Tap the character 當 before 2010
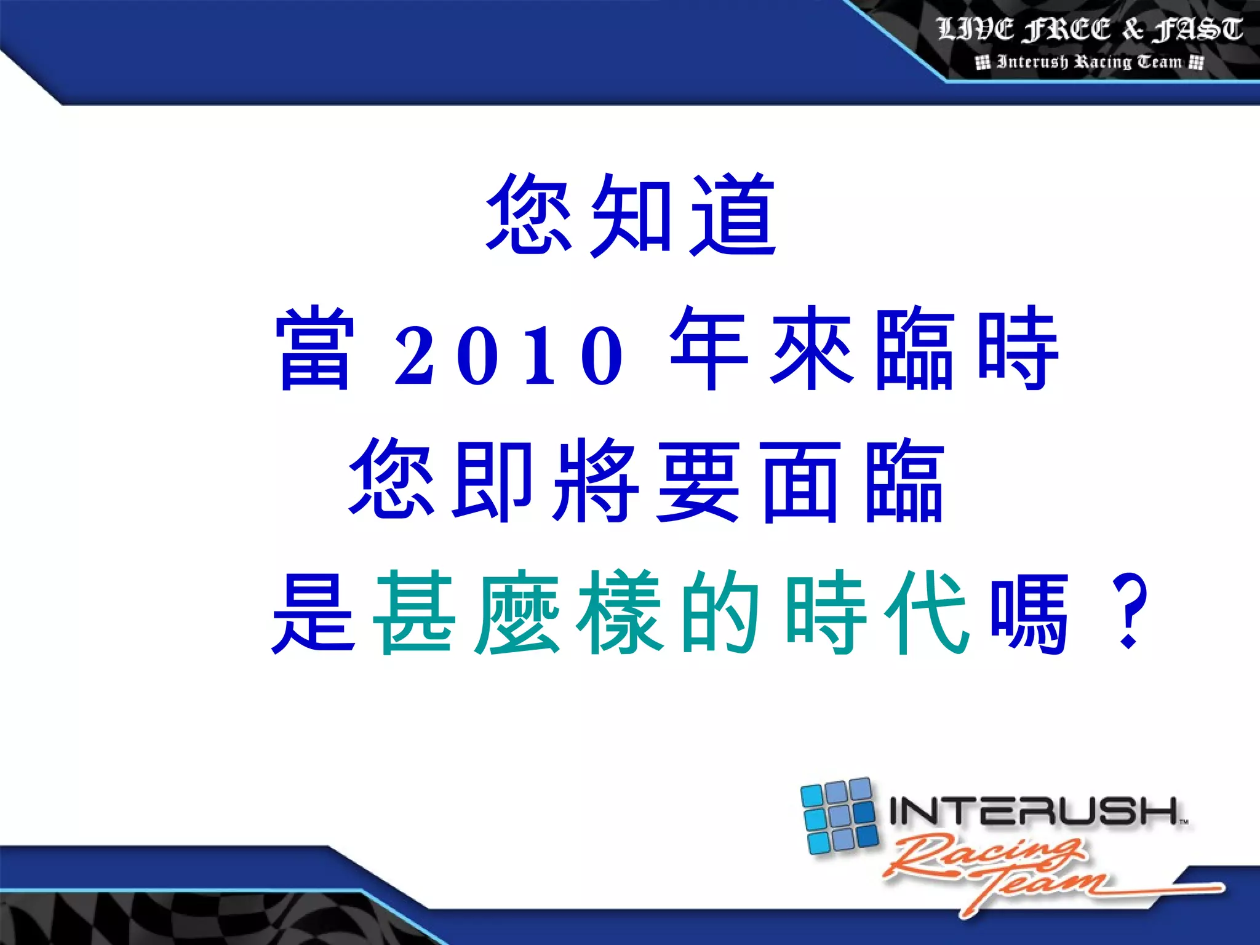(x=315, y=348)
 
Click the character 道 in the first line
(x=734, y=215)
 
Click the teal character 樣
(x=619, y=612)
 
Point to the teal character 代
(x=927, y=612)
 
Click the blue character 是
(x=314, y=612)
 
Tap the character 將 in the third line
(x=596, y=480)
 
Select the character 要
(x=698, y=480)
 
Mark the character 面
(x=800, y=480)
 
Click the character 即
(x=493, y=480)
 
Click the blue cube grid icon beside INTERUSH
(x=839, y=815)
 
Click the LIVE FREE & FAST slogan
(x=1090, y=30)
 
